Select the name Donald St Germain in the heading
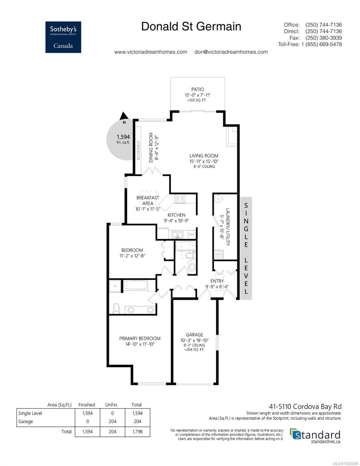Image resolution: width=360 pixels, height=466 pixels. point(191,26)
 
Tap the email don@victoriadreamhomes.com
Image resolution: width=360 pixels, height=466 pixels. point(231,52)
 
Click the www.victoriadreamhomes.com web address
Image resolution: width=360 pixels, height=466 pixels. point(151,52)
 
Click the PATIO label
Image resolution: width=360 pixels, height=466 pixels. point(197,89)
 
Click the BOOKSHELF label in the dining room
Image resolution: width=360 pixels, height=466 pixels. point(138,148)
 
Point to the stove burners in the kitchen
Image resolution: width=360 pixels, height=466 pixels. point(180,199)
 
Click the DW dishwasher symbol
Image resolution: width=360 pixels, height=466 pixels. point(191,235)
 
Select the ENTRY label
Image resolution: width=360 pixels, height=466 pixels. point(217,281)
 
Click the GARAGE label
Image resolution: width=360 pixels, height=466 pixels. point(194,335)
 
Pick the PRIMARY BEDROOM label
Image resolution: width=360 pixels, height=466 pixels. point(139,338)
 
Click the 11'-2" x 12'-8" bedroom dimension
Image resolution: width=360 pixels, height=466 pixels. point(132,256)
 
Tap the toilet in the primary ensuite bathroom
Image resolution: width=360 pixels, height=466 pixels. point(116,308)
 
